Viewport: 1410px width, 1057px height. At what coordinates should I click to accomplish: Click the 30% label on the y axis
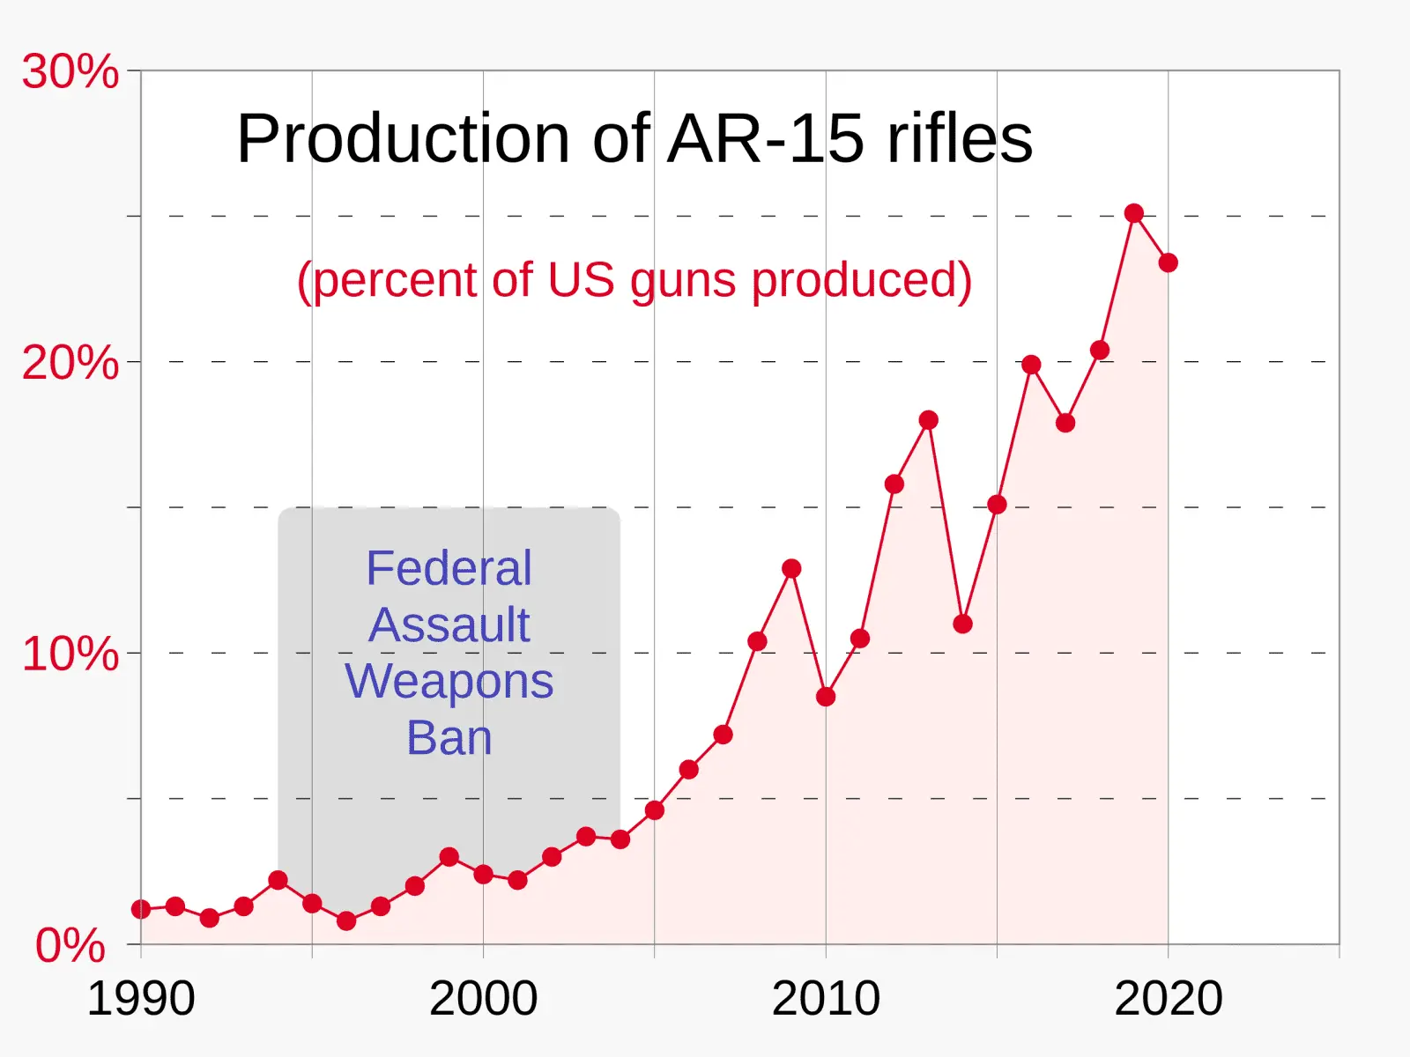tap(70, 71)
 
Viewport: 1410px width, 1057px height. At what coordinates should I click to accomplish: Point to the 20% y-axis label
tap(70, 363)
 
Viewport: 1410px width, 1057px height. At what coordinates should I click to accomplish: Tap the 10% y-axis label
tap(70, 654)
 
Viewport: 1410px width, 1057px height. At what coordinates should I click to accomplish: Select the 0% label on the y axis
tap(70, 946)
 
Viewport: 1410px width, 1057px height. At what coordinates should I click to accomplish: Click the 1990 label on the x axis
tap(141, 999)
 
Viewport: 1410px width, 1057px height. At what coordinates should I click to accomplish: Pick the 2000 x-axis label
tap(483, 999)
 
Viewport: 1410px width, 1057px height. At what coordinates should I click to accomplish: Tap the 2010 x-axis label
tap(826, 999)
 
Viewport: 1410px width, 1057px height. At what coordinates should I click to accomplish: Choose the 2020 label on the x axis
tap(1169, 999)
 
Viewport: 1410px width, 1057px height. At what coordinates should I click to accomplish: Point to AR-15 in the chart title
tap(764, 139)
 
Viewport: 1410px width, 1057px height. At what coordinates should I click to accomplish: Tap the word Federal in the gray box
tap(449, 568)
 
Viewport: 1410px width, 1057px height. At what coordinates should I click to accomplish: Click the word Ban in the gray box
tap(449, 738)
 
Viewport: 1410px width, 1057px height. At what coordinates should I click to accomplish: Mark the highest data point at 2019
tap(1134, 213)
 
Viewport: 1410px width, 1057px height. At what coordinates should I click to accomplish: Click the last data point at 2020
tap(1169, 262)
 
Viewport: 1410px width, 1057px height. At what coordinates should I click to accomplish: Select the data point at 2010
tap(826, 697)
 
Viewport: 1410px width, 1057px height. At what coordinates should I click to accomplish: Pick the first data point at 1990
tap(141, 909)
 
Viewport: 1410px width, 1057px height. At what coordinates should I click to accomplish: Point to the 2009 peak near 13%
tap(791, 568)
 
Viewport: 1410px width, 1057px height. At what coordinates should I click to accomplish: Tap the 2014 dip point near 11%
tap(962, 624)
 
